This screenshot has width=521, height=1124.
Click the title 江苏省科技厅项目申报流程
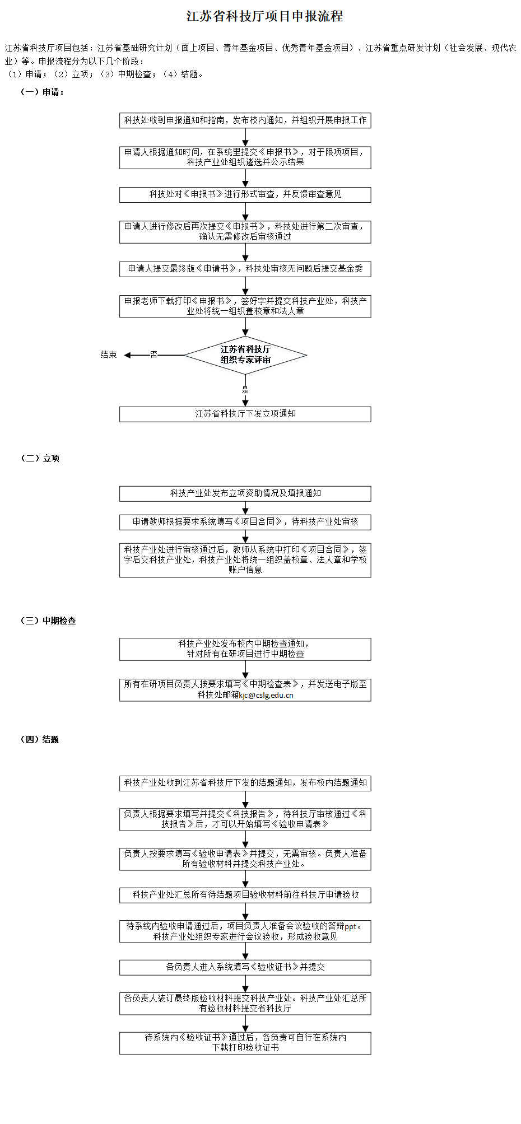click(264, 16)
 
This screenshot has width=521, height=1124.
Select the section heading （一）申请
click(42, 92)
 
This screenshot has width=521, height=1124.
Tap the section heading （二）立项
click(40, 458)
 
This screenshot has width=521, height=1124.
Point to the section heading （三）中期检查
click(48, 621)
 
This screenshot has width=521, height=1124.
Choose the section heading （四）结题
click(40, 739)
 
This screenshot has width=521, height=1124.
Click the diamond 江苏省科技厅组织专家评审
click(245, 355)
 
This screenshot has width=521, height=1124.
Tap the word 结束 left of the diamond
click(109, 355)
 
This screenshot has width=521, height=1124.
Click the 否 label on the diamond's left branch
click(153, 355)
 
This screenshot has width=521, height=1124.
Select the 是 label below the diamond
click(245, 390)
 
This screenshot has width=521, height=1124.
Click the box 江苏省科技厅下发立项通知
click(245, 414)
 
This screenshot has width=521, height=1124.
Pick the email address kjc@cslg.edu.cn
click(266, 695)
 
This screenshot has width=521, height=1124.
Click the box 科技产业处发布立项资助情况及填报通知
click(245, 493)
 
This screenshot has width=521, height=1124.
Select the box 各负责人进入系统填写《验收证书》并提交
click(245, 967)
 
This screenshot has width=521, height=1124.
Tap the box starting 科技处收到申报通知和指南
click(245, 120)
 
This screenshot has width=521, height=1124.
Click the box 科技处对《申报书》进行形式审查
click(245, 194)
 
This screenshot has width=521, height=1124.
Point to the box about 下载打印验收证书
click(245, 1043)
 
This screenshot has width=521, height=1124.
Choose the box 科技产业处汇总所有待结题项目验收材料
click(245, 895)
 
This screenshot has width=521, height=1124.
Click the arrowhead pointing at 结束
click(127, 355)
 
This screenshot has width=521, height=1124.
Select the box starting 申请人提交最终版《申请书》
click(245, 269)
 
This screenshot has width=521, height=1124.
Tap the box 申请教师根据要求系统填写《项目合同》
click(245, 522)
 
